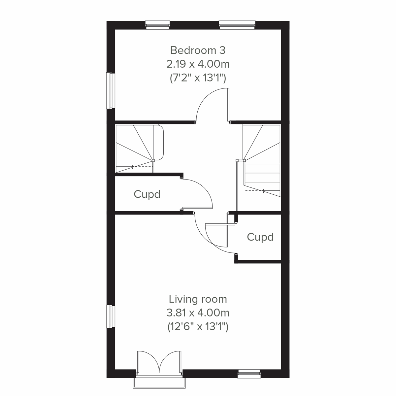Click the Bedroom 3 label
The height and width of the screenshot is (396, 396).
pyautogui.click(x=198, y=50)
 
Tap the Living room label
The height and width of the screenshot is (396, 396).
pyautogui.click(x=198, y=299)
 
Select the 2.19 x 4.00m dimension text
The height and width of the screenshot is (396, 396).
pyautogui.click(x=198, y=64)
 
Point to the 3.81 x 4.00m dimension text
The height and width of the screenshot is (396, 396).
pyautogui.click(x=198, y=313)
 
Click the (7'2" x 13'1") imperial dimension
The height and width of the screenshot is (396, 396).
pyautogui.click(x=198, y=78)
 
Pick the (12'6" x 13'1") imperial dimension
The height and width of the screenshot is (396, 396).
pyautogui.click(x=198, y=327)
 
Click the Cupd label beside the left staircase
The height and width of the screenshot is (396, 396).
pyautogui.click(x=147, y=194)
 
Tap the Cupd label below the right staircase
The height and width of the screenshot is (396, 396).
pyautogui.click(x=260, y=237)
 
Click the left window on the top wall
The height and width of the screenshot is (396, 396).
pyautogui.click(x=158, y=25)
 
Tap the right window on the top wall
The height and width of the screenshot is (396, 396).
pyautogui.click(x=237, y=25)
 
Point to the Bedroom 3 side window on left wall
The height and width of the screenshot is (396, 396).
pyautogui.click(x=110, y=91)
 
